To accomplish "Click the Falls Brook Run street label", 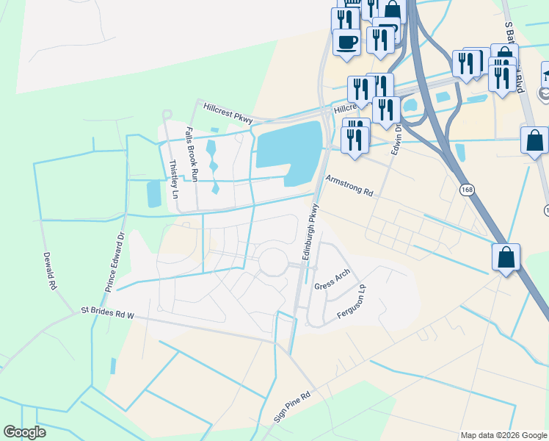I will [x=192, y=154].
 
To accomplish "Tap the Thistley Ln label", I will [x=173, y=180].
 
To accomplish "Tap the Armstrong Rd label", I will [x=349, y=185].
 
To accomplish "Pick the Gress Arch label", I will [x=332, y=279].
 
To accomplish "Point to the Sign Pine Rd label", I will [x=293, y=405].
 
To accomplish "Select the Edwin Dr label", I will [x=398, y=139].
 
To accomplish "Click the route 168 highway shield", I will [x=467, y=190].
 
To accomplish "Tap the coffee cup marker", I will [x=346, y=41].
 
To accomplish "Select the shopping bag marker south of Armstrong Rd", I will [x=506, y=258].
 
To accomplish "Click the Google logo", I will [x=24, y=432].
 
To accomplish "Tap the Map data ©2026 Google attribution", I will [x=503, y=435].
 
